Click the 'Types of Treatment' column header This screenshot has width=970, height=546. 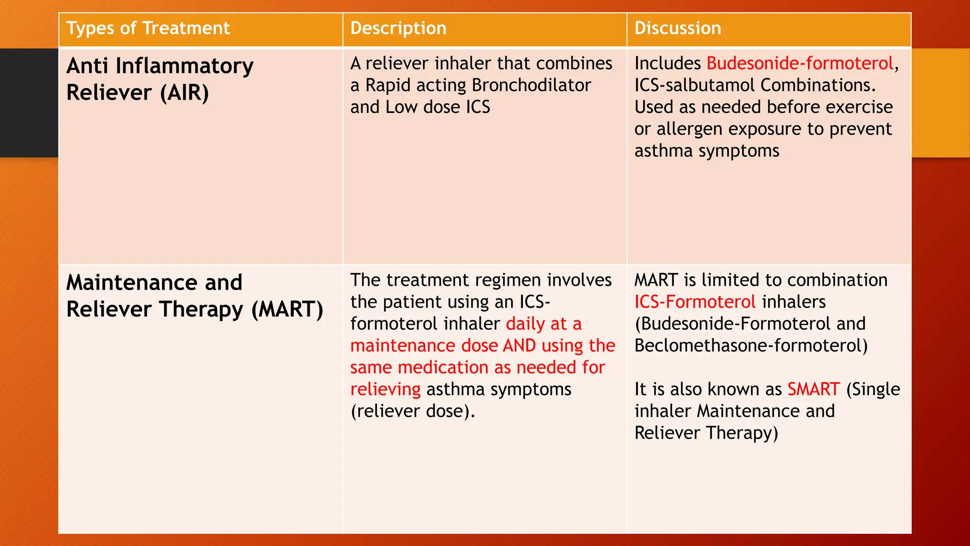pos(148,28)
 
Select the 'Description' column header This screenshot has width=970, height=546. pos(398,28)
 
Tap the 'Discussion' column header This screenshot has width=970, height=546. pos(678,28)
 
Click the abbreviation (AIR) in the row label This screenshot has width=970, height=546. pos(185,93)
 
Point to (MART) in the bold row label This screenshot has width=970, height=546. pos(287,309)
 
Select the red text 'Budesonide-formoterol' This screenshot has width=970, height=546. pos(800,64)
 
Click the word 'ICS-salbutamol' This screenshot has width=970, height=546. pos(695,85)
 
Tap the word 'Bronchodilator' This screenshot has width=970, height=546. pos(531,85)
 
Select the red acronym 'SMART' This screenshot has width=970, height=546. pos(814,389)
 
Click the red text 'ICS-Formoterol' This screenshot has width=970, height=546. pos(695,302)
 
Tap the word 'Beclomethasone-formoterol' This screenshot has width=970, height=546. pos(751,346)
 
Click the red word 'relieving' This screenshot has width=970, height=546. pos(385,389)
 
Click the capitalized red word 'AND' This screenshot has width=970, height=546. pos(520,346)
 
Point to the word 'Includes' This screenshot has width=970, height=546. pos(667,64)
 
